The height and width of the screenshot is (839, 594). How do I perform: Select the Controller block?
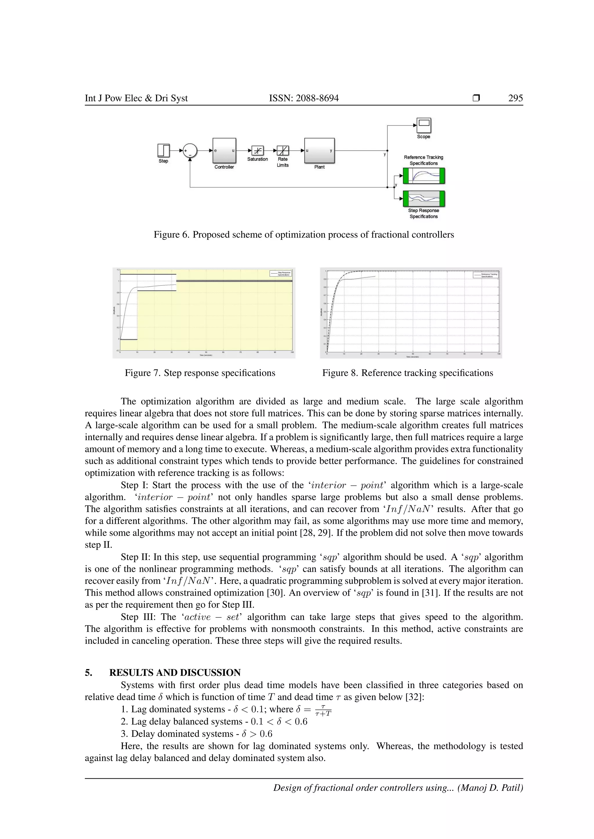[224, 151]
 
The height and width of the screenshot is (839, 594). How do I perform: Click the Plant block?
[319, 151]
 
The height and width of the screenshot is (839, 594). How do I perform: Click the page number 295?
[515, 98]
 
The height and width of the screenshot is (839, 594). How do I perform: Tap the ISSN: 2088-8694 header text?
[304, 98]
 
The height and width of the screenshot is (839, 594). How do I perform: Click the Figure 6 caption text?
[304, 235]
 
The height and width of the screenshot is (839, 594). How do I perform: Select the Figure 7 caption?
[200, 373]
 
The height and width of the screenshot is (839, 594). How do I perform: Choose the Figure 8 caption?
[408, 373]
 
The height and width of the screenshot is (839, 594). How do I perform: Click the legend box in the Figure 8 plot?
[485, 275]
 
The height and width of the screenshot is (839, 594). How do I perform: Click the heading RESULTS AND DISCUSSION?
[175, 673]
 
